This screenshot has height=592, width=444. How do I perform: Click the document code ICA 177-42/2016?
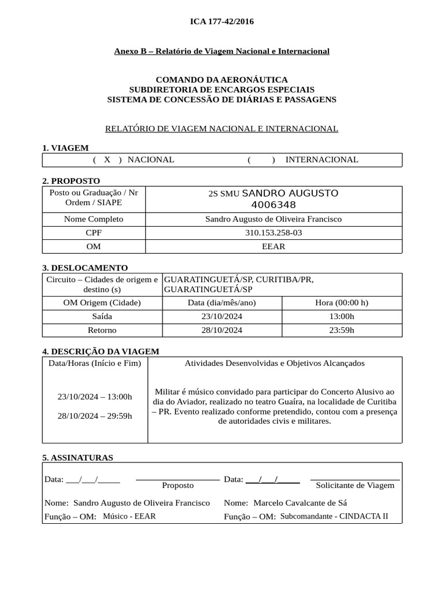tap(222, 22)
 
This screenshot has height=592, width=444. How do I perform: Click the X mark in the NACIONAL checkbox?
tap(107, 160)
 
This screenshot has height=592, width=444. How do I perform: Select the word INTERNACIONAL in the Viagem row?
tap(321, 160)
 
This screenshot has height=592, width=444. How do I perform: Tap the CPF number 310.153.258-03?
tap(273, 233)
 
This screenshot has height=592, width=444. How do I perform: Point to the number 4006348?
tap(273, 205)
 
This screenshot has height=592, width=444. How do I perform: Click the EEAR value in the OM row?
tap(273, 247)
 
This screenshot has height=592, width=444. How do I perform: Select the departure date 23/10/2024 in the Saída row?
tap(223, 317)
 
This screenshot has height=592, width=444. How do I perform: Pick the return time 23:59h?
tap(342, 330)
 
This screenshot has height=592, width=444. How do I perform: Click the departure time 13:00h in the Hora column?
tap(342, 317)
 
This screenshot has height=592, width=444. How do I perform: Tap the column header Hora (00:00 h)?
tap(342, 303)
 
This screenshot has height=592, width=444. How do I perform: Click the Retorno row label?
tap(102, 330)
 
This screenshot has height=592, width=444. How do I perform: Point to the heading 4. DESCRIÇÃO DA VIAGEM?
tap(101, 351)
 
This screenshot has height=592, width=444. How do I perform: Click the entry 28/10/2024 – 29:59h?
tap(95, 416)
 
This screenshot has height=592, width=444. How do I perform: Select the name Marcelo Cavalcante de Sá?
tap(300, 503)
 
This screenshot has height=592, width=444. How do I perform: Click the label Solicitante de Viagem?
tap(355, 486)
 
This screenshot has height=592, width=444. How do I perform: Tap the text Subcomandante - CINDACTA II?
tap(334, 516)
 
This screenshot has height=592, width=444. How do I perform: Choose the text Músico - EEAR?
tap(129, 516)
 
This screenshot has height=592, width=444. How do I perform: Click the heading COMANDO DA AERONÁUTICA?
tap(222, 80)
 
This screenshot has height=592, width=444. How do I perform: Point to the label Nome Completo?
tap(94, 219)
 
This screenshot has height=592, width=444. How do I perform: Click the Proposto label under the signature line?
tap(178, 486)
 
